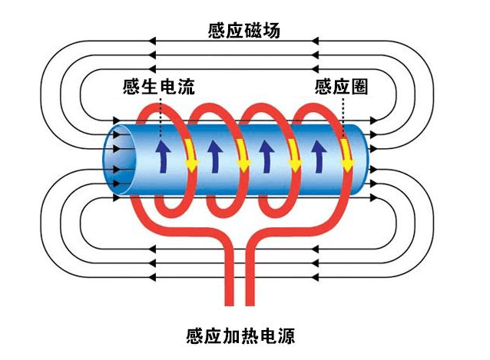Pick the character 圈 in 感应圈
point(359,87)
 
